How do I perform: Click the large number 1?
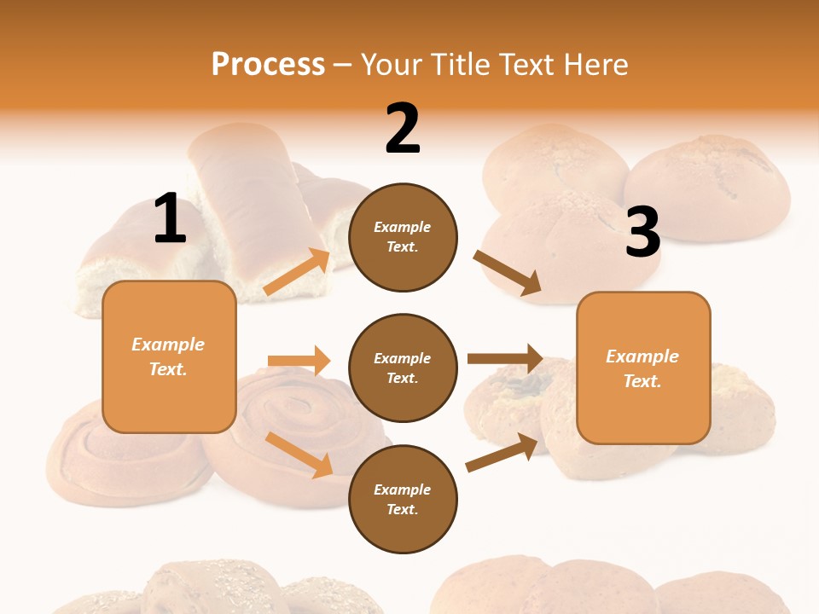pyautogui.click(x=170, y=219)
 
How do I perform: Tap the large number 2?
pyautogui.click(x=403, y=130)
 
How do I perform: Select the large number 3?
pyautogui.click(x=643, y=233)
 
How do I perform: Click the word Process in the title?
pyautogui.click(x=268, y=64)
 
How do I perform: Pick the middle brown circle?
pyautogui.click(x=403, y=368)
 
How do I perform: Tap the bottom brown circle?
pyautogui.click(x=403, y=499)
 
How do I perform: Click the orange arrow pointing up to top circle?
pyautogui.click(x=298, y=272)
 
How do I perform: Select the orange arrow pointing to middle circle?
pyautogui.click(x=299, y=361)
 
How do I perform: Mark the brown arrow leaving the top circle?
pyautogui.click(x=507, y=273)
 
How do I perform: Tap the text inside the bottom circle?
pyautogui.click(x=403, y=499)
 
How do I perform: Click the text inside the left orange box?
pyautogui.click(x=168, y=356)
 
